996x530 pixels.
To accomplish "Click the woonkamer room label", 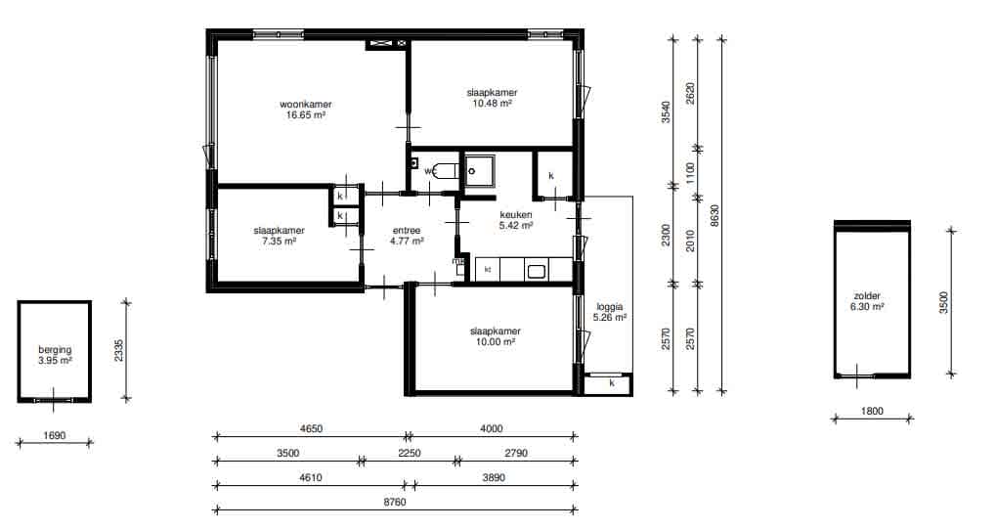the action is [x=306, y=105].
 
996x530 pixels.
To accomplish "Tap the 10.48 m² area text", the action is [x=492, y=104].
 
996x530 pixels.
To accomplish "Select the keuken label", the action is [x=516, y=215].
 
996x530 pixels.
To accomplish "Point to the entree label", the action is [x=407, y=231].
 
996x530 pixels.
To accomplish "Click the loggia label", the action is [x=610, y=307].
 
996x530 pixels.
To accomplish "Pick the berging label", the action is [x=55, y=349].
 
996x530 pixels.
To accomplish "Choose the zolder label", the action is [x=867, y=296].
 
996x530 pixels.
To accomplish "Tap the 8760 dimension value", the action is [x=395, y=502].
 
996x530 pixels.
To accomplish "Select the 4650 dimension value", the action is [x=311, y=429].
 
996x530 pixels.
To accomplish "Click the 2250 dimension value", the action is [x=410, y=453].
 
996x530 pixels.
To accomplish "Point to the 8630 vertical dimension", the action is [x=715, y=216].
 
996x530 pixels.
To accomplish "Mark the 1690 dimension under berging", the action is [x=54, y=436].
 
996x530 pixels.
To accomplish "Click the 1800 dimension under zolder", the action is [x=872, y=411].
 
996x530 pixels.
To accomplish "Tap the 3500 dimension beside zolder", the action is [x=944, y=302].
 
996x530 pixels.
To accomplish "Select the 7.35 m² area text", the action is [x=279, y=242].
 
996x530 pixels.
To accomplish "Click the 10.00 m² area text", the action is [x=496, y=342].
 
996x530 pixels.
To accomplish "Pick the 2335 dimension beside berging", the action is [x=119, y=351].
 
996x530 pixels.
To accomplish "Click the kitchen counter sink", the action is [x=536, y=271].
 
